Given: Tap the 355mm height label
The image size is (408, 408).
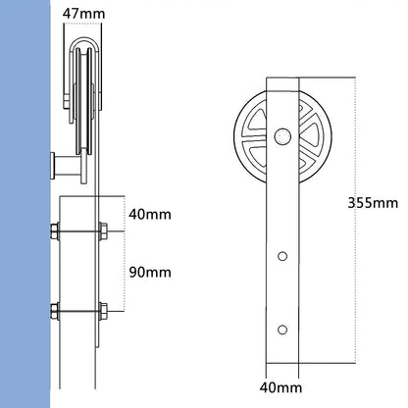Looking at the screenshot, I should pos(372,203).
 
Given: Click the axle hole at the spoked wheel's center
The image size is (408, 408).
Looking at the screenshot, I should pos(282,134).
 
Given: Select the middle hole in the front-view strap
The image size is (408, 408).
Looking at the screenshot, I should pos(282,256).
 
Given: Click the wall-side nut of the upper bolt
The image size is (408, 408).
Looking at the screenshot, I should pos(54,233).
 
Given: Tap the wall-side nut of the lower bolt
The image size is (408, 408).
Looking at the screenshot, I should pos(54,314).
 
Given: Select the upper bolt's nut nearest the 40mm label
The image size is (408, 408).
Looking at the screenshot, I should pos(101,233).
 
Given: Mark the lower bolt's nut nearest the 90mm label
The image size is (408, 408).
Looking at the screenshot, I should pos(101,314).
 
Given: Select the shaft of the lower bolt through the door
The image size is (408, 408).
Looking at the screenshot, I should pos(77,314).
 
